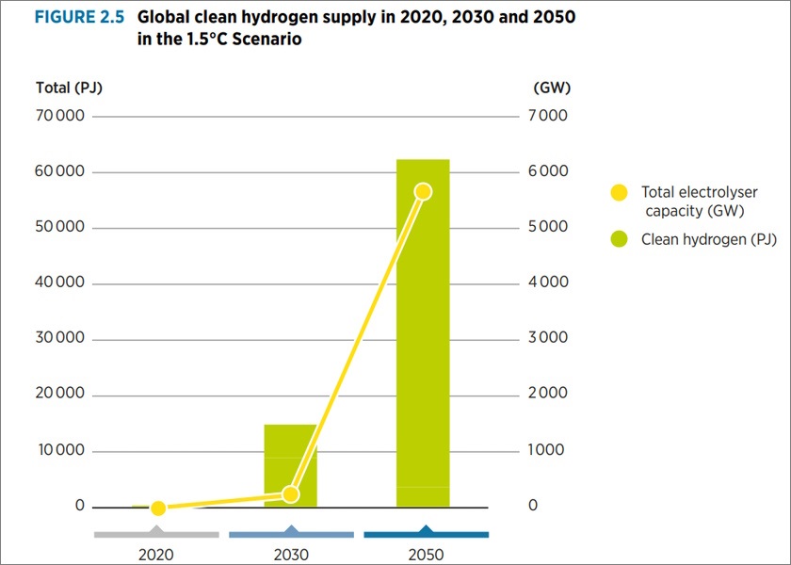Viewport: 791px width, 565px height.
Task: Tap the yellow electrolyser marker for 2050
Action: click(x=423, y=191)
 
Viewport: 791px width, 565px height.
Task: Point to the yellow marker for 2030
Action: click(x=290, y=494)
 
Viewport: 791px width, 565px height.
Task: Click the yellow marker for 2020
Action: click(x=158, y=508)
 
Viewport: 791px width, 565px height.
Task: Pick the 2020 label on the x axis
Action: click(x=157, y=555)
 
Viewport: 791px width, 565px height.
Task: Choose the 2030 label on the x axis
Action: click(x=291, y=555)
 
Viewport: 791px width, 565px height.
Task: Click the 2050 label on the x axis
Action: click(x=426, y=555)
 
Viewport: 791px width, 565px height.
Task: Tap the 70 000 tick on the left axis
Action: click(x=60, y=117)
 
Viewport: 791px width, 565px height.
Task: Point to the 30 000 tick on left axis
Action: click(x=60, y=339)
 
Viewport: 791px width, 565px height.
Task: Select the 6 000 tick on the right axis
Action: click(x=548, y=172)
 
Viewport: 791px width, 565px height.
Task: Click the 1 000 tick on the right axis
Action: click(x=548, y=450)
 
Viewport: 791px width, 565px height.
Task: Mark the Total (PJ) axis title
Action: click(x=69, y=89)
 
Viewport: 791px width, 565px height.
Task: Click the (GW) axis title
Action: click(x=551, y=89)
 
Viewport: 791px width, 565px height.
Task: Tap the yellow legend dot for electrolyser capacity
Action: click(x=619, y=192)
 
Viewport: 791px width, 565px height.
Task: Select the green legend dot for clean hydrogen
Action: click(x=619, y=239)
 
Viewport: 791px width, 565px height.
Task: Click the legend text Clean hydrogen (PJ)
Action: click(x=709, y=239)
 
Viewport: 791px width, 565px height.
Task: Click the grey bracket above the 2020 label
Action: click(x=156, y=534)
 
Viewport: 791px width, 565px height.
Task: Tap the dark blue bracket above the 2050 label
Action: click(x=426, y=533)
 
